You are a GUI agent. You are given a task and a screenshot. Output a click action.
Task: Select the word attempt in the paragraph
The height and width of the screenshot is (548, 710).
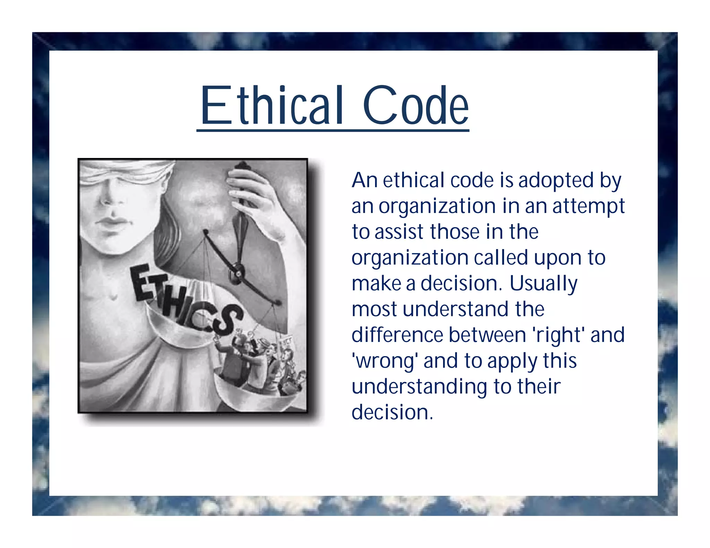588,206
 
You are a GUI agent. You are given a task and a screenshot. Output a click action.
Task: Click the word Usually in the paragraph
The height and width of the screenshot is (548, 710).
543,284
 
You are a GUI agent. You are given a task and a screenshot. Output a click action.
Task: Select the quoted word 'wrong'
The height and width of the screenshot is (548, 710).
384,361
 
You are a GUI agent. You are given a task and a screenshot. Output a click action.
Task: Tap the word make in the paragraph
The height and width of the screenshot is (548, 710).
376,284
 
